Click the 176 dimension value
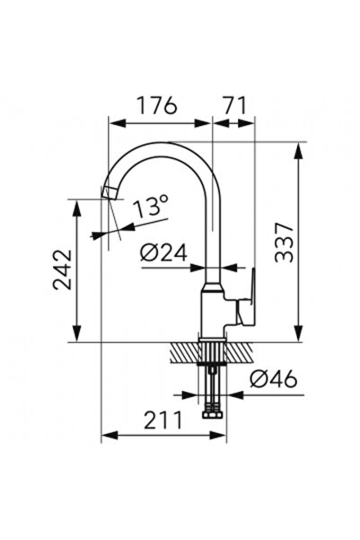click(x=157, y=105)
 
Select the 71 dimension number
click(x=235, y=105)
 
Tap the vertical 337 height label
click(x=285, y=243)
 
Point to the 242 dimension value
click(x=62, y=270)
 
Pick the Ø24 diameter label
click(x=163, y=252)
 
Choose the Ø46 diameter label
click(x=274, y=378)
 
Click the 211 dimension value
click(x=162, y=420)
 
